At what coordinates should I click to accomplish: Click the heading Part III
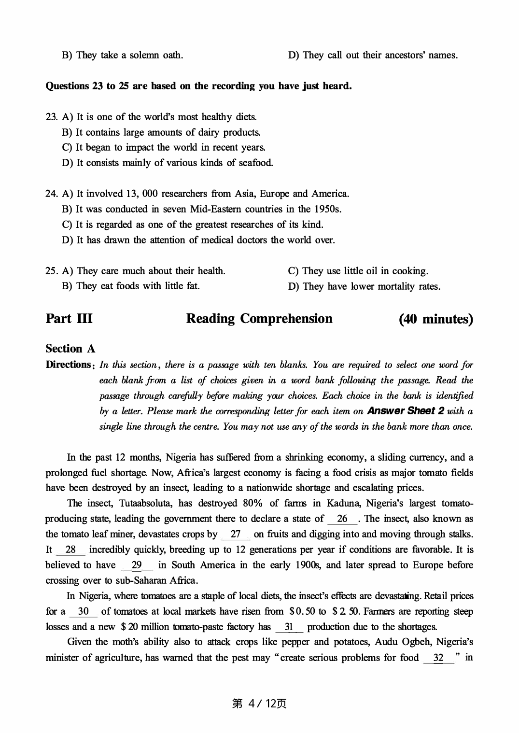(69, 319)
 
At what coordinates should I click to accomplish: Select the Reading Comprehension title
(259, 319)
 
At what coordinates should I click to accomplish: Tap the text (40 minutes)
(436, 319)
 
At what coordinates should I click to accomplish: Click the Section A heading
(70, 349)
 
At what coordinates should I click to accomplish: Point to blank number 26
(342, 519)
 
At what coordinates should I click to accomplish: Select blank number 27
(236, 535)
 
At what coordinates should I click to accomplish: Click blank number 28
(70, 550)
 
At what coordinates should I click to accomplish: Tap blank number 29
(137, 565)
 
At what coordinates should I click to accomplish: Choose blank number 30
(83, 611)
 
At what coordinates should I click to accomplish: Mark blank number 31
(289, 627)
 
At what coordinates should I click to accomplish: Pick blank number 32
(438, 658)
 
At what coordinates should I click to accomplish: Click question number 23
(51, 117)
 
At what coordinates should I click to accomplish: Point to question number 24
(51, 194)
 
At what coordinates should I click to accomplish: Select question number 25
(51, 271)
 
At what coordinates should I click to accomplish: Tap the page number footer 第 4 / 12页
(259, 704)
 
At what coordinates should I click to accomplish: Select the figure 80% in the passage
(252, 504)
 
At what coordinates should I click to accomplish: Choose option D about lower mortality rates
(364, 286)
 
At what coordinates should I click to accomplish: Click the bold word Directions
(68, 365)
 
